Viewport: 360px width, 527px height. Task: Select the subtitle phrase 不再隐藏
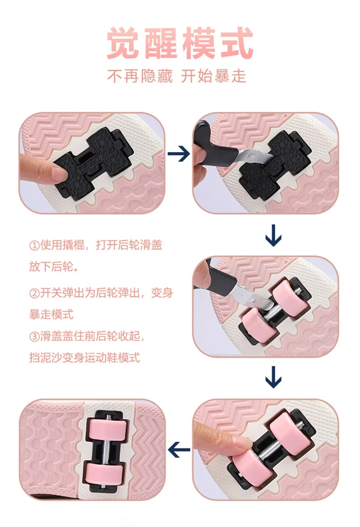(140, 76)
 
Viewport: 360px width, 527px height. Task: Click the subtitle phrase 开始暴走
(214, 76)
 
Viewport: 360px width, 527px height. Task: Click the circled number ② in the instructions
(35, 293)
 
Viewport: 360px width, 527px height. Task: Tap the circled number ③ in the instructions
(35, 336)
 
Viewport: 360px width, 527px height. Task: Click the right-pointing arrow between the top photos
(179, 154)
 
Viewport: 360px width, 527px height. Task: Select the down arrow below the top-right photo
(273, 235)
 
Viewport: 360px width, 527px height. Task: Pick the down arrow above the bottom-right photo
(273, 377)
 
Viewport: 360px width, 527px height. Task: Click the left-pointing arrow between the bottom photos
(179, 449)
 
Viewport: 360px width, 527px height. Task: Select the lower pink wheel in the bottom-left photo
(104, 474)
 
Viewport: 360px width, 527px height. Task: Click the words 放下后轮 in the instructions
(51, 267)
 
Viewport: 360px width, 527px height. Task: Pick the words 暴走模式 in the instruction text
(51, 315)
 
